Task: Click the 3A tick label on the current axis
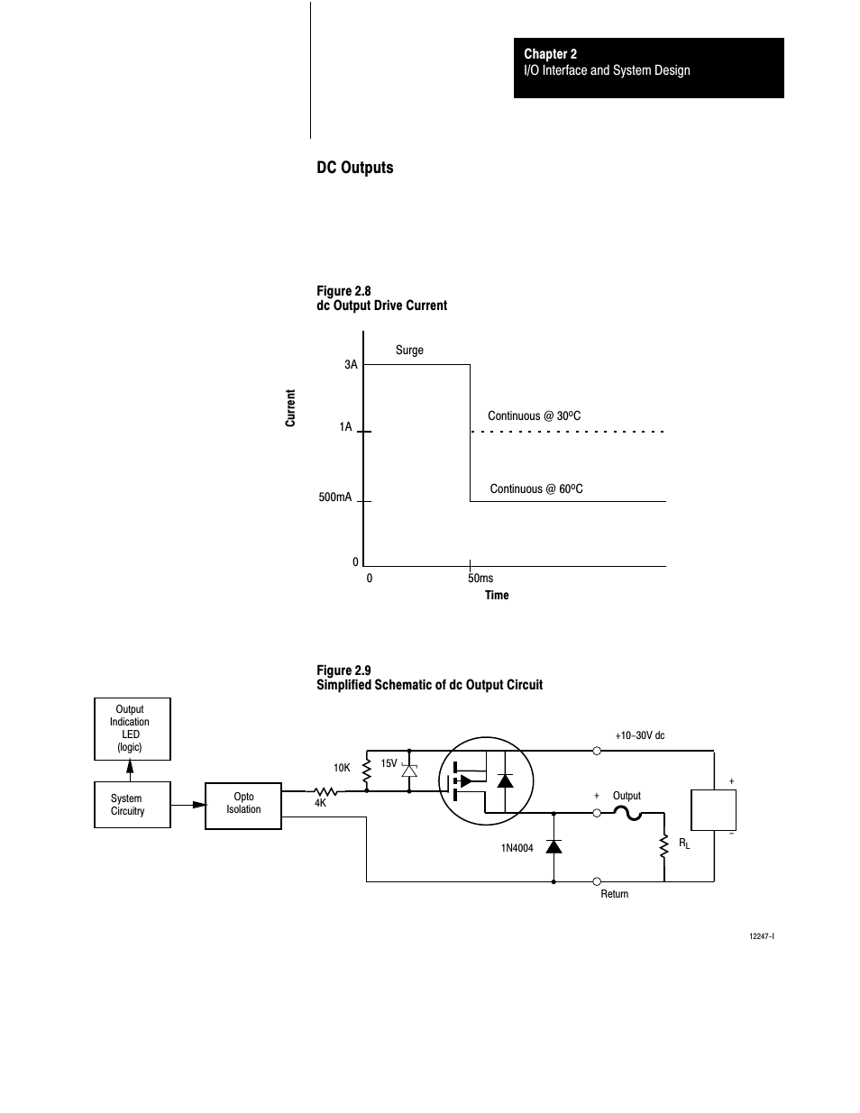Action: pos(351,365)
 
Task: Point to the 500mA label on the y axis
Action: pos(335,497)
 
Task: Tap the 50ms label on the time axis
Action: pos(480,579)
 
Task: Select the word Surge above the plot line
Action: pos(409,351)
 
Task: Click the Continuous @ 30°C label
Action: pos(535,415)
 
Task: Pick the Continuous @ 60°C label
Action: pos(536,488)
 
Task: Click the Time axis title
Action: pos(497,595)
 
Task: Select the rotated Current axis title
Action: pos(290,407)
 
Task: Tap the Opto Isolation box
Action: pos(243,806)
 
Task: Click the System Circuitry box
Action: pos(133,805)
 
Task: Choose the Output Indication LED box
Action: pos(133,728)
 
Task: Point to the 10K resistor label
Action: pos(342,768)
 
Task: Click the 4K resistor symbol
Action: pos(325,791)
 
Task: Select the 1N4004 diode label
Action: pos(517,848)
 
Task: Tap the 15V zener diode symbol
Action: pos(409,771)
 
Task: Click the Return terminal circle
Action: pos(597,881)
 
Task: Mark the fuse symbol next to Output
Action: pos(627,813)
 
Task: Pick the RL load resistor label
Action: pos(684,844)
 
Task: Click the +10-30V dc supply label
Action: pos(640,735)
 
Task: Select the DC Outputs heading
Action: pos(355,168)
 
